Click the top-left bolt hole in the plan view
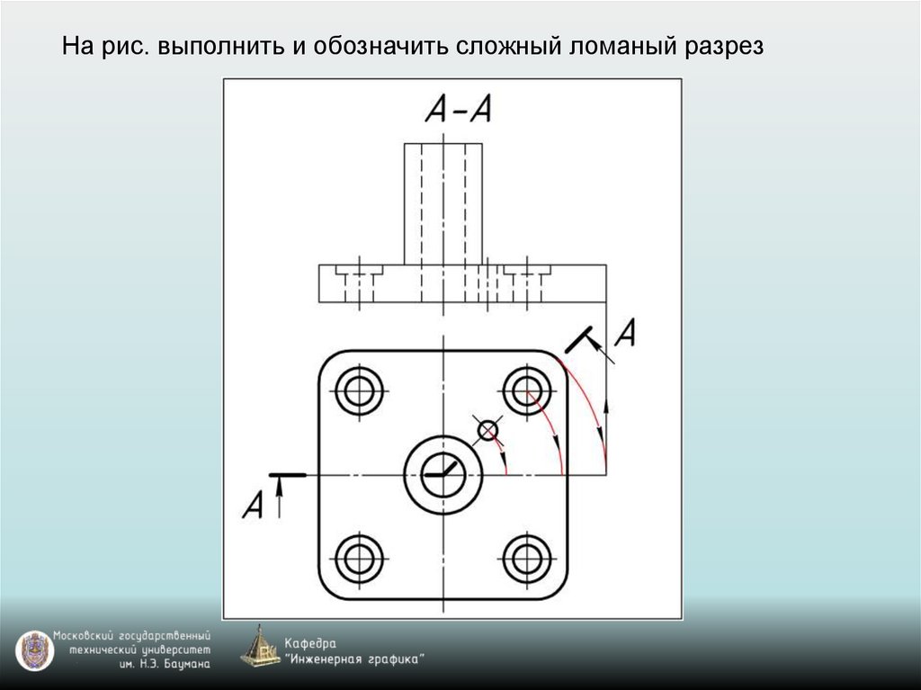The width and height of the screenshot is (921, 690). point(359,390)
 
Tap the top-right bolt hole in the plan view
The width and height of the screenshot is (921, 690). point(527,390)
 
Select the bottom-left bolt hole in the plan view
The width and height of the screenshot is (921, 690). point(359,558)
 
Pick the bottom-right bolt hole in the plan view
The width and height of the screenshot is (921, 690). point(527,558)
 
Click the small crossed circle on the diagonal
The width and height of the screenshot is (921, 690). point(487,431)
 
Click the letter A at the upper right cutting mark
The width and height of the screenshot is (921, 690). point(626,333)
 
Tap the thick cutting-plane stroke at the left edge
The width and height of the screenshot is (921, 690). point(289,474)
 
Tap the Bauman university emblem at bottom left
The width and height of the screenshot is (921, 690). point(33,650)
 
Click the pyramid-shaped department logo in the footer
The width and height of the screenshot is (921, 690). point(260,646)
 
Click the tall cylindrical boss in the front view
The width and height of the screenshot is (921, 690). point(443,203)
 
